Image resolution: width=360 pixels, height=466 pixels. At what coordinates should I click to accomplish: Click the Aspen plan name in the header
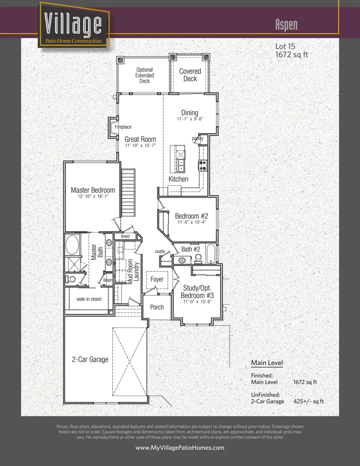[286, 24]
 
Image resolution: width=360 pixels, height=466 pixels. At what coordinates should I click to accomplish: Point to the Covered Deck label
[190, 75]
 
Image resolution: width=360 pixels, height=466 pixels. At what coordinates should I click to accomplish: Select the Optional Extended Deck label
[144, 75]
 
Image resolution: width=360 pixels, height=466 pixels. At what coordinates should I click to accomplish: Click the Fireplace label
[123, 127]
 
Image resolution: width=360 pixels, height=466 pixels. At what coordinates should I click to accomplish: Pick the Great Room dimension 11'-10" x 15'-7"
[140, 146]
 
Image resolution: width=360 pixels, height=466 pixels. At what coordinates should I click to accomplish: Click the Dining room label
[190, 113]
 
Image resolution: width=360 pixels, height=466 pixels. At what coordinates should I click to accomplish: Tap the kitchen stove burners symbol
[202, 165]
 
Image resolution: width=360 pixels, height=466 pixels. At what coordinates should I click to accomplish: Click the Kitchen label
[178, 179]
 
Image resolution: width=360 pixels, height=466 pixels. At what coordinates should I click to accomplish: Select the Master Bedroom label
[93, 190]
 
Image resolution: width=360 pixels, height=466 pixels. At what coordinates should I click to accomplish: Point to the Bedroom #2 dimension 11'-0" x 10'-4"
[191, 223]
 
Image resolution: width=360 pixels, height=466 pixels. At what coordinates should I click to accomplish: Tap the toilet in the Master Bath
[71, 279]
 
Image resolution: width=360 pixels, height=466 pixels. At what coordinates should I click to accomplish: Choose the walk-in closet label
[89, 299]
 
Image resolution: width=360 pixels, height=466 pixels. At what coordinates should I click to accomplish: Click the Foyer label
[157, 279]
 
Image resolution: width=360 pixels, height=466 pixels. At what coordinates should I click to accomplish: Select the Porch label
[157, 307]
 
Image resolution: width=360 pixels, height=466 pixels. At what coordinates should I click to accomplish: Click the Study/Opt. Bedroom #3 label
[197, 291]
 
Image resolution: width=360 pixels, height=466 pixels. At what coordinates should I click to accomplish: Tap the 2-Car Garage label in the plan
[90, 359]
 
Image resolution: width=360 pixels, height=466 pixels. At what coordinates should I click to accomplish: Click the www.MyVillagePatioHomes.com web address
[180, 448]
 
